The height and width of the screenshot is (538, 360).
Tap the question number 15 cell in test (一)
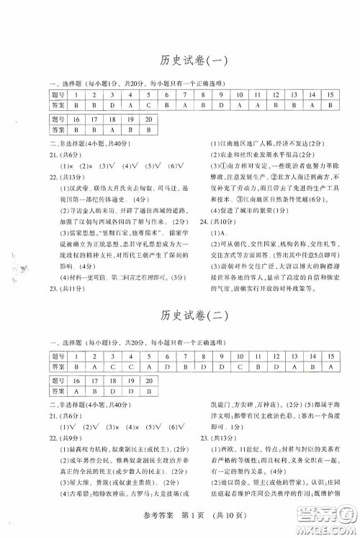pyautogui.click(x=330, y=94)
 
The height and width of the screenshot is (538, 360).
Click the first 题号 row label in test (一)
pyautogui.click(x=57, y=94)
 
